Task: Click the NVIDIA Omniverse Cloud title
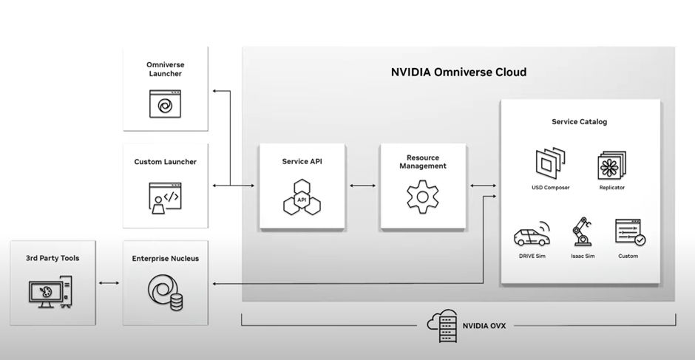pyautogui.click(x=458, y=72)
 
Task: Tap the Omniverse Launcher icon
pyautogui.click(x=164, y=104)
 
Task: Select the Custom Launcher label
pyautogui.click(x=166, y=162)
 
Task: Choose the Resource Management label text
pyautogui.click(x=423, y=162)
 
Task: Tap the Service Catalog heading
pyautogui.click(x=579, y=122)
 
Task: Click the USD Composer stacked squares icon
pyautogui.click(x=551, y=163)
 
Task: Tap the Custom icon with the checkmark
pyautogui.click(x=629, y=233)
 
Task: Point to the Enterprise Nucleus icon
pyautogui.click(x=164, y=291)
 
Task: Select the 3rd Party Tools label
pyautogui.click(x=52, y=258)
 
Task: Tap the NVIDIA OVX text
pyautogui.click(x=484, y=325)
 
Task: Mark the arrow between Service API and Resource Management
pyautogui.click(x=362, y=185)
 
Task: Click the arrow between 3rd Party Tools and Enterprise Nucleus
pyautogui.click(x=109, y=284)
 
